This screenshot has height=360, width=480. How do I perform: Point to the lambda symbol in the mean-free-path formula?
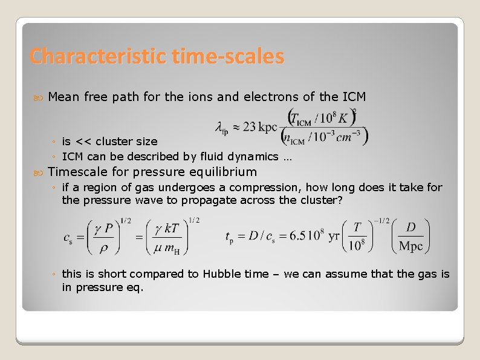coord(220,127)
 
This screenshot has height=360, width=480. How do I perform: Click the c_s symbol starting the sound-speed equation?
coord(68,238)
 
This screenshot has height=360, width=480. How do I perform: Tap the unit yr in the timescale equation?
coord(334,237)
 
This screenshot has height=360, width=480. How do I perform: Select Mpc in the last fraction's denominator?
coord(411,246)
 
